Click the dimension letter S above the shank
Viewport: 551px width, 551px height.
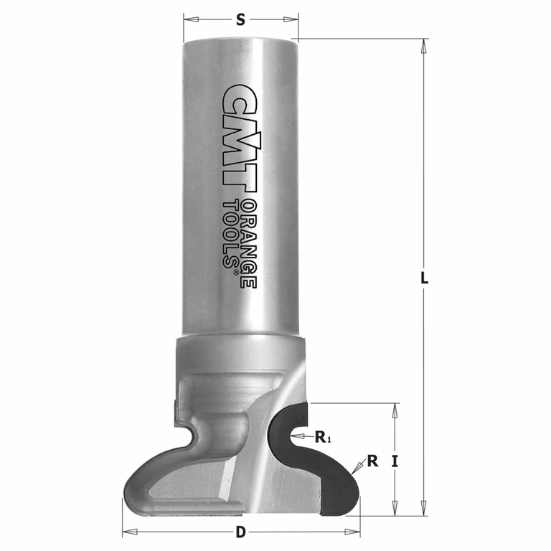(240, 19)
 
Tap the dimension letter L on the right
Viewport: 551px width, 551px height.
(425, 278)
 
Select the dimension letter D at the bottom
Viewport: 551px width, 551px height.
(240, 532)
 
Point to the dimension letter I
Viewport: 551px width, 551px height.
(395, 461)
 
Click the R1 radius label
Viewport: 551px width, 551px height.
(323, 437)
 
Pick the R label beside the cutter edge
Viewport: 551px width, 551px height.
(372, 461)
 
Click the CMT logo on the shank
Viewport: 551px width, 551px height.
(239, 138)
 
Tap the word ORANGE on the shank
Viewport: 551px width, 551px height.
(250, 244)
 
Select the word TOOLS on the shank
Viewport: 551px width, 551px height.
(230, 234)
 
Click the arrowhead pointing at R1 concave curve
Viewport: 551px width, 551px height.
(297, 436)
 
